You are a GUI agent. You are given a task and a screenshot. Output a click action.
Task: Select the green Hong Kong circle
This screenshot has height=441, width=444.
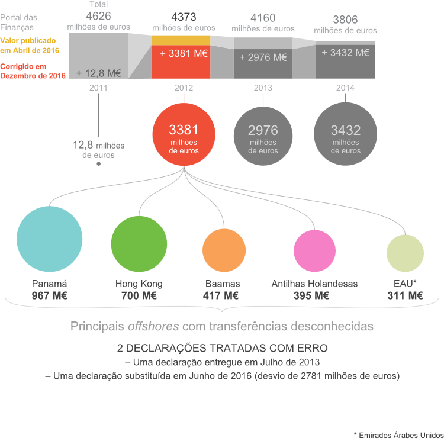point(140,243)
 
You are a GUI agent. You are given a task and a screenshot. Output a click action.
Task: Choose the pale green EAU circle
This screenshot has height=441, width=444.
point(406,253)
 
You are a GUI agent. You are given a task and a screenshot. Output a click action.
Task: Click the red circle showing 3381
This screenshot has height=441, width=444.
point(184,137)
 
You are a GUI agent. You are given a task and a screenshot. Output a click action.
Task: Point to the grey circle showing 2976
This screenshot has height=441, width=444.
point(263,137)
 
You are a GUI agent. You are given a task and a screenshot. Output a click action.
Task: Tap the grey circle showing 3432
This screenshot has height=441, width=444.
point(346,137)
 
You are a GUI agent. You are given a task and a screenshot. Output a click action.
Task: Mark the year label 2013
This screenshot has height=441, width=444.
point(263,88)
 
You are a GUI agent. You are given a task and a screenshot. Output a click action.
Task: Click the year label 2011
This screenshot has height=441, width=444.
point(98,88)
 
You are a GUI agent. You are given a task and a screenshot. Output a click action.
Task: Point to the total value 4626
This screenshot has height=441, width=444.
point(98,16)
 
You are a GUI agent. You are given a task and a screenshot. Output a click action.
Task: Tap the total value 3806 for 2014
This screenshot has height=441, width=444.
point(345,18)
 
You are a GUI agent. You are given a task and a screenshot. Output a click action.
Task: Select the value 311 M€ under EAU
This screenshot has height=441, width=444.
point(406,295)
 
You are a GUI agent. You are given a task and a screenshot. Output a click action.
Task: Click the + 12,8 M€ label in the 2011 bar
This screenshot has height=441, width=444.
point(99,73)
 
